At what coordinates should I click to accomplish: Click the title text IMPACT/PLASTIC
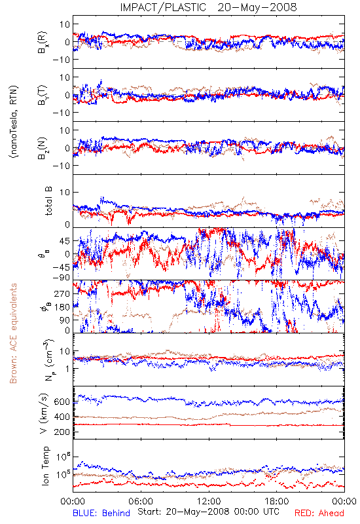coord(163,7)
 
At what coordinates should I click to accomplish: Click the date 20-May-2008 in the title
coord(257,7)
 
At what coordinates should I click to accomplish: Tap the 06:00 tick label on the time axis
coord(141,501)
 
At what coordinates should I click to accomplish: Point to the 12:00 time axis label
coord(209,501)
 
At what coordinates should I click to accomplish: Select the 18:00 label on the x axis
coord(277,501)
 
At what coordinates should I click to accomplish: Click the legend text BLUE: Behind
coord(101,513)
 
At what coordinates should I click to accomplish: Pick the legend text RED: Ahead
coord(319,513)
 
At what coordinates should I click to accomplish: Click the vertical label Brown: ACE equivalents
coord(13,333)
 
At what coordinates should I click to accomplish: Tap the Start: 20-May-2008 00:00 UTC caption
coord(208,512)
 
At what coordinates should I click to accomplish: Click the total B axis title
coord(48,201)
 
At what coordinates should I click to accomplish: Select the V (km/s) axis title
coord(44,413)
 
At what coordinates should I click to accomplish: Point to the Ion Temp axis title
coord(45,466)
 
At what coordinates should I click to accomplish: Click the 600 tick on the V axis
coord(62,402)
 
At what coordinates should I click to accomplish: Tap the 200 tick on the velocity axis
coord(62,432)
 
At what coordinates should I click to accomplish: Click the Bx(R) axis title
coord(42,42)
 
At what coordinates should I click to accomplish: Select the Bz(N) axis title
coord(42,148)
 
